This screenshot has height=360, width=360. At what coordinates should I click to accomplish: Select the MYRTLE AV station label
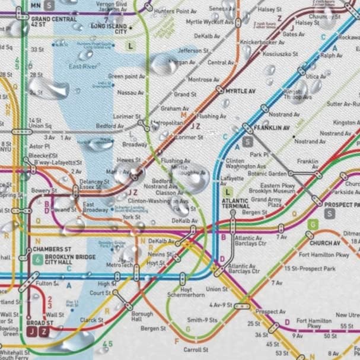(240, 91)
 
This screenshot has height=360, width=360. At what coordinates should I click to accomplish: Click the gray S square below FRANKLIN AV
(247, 141)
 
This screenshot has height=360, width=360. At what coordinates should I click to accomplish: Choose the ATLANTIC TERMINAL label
(235, 203)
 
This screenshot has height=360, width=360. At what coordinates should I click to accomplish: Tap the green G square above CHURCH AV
(313, 224)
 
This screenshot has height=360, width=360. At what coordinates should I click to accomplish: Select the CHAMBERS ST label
(52, 249)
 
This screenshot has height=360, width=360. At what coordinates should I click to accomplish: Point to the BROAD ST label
(40, 323)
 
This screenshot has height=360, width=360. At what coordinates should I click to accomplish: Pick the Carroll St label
(196, 350)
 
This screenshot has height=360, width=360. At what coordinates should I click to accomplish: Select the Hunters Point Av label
(175, 11)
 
